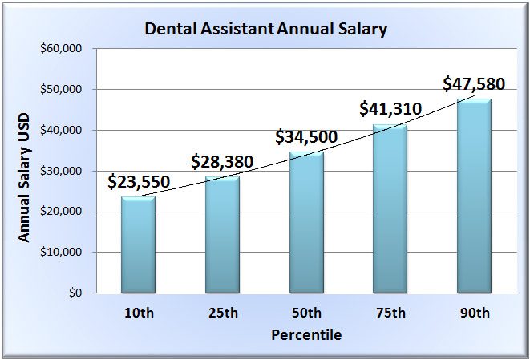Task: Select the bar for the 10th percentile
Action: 138,245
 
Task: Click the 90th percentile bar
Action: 474,196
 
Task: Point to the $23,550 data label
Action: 139,181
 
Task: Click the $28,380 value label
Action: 222,162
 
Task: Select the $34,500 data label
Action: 305,136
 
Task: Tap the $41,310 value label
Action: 390,108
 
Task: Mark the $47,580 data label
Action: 474,83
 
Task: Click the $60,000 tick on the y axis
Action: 61,49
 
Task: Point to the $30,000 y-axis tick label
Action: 61,171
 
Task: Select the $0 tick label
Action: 74,293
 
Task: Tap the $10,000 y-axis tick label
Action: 61,252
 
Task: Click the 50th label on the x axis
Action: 306,313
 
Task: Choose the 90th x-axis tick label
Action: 474,313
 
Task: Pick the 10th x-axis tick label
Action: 139,313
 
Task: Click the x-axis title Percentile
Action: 306,334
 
